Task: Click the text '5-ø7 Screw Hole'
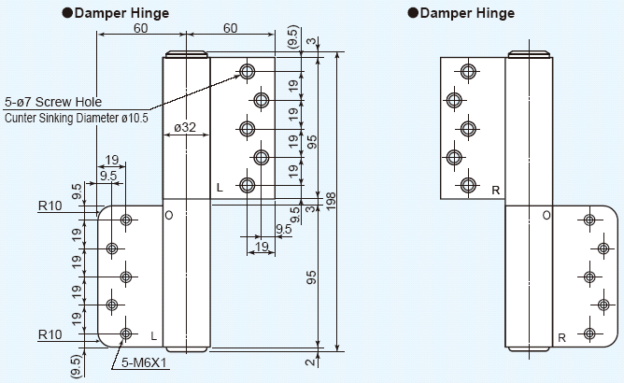(x=53, y=102)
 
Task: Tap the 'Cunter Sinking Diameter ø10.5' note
(x=77, y=118)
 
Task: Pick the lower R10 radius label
(x=50, y=333)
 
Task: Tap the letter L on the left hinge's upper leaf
(x=220, y=188)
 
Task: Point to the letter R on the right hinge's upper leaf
(x=496, y=190)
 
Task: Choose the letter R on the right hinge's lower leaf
(x=562, y=337)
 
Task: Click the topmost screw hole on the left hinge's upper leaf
(x=247, y=71)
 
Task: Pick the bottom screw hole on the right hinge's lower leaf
(x=589, y=333)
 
